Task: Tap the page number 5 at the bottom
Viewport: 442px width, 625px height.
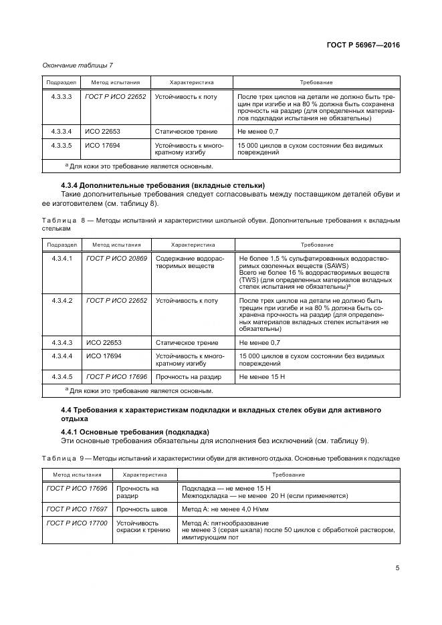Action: tap(397, 568)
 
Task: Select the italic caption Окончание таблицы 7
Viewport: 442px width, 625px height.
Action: tap(78, 65)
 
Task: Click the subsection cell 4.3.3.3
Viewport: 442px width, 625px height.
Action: tap(62, 97)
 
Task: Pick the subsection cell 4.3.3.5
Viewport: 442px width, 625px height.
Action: tap(62, 145)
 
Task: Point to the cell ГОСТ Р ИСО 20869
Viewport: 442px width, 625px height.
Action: tap(116, 258)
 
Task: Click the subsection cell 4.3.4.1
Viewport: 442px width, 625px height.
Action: tap(62, 258)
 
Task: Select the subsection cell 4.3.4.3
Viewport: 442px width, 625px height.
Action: tap(62, 342)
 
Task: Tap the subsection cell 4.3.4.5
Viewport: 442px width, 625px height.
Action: tap(62, 377)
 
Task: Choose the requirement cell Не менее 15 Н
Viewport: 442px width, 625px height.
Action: tap(262, 377)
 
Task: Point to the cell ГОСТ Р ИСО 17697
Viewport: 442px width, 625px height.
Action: tap(76, 509)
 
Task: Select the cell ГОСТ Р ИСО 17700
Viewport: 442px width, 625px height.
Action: tap(76, 523)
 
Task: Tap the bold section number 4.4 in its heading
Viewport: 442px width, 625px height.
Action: tap(66, 408)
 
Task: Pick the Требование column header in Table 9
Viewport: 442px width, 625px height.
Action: tap(289, 474)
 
